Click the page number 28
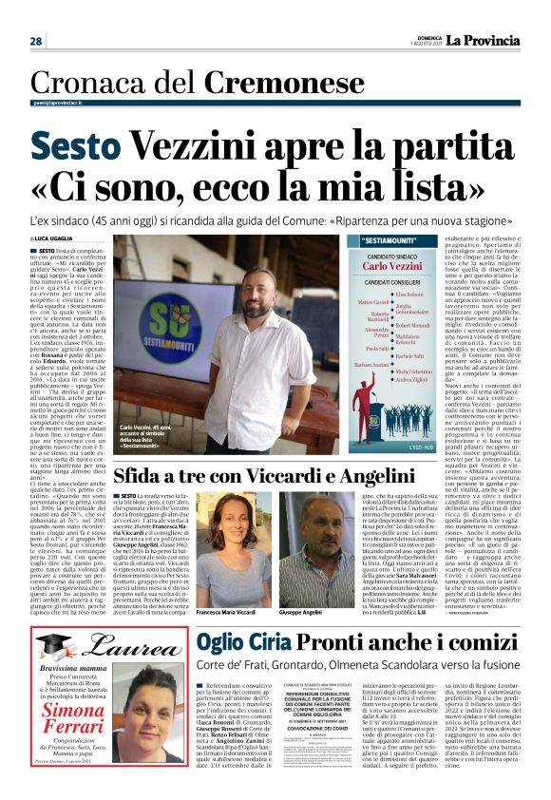35,42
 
